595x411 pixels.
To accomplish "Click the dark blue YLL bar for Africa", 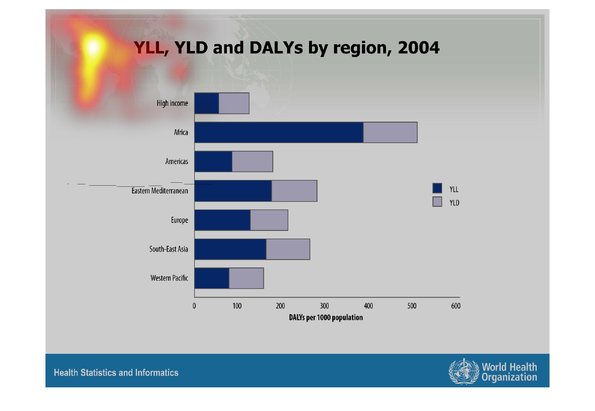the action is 279,132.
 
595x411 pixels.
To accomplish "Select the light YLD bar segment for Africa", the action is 390,132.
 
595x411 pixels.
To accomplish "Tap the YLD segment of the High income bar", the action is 234,103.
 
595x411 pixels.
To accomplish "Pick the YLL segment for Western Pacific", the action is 212,278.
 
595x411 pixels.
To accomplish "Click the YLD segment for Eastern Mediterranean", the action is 294,191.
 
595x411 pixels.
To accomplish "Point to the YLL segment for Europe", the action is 222,220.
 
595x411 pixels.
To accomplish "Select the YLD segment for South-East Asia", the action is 288,249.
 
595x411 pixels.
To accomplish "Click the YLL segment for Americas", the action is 213,161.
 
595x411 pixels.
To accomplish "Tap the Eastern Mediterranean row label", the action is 160,191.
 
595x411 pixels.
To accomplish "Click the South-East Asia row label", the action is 169,249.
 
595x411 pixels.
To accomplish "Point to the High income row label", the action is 172,103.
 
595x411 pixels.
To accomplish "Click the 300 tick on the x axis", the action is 324,306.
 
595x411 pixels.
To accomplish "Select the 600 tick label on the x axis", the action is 456,306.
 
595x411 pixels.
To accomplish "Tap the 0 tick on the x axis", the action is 194,306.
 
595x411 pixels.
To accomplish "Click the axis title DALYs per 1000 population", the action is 326,318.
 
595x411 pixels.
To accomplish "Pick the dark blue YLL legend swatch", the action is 437,188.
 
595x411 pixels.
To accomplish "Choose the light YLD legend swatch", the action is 437,201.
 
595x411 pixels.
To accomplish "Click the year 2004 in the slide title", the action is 418,48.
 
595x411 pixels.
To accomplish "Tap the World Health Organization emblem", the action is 464,372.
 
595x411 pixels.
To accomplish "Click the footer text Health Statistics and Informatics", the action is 116,373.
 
